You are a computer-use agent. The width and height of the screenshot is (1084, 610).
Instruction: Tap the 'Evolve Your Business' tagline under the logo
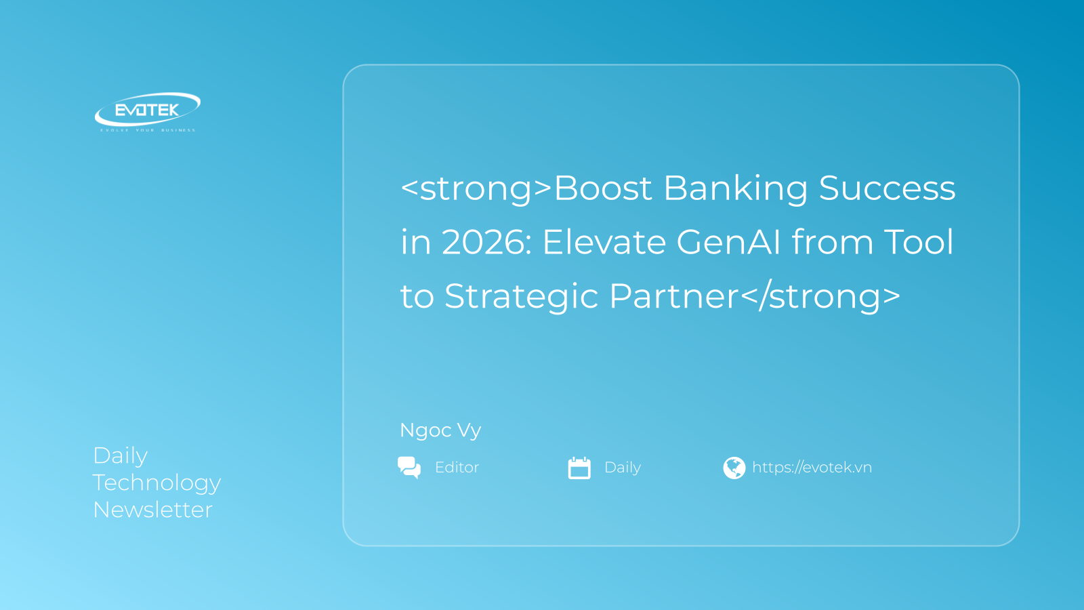(148, 130)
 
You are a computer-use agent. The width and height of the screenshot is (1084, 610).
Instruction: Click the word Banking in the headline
(736, 189)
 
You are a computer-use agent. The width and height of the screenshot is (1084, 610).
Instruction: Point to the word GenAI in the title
(728, 242)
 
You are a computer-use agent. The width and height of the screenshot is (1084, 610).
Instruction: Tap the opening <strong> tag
(477, 189)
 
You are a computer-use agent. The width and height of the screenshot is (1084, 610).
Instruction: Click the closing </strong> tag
(820, 296)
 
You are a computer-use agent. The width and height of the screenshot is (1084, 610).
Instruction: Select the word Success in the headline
(887, 188)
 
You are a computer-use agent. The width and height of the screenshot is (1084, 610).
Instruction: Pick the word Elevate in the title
(604, 242)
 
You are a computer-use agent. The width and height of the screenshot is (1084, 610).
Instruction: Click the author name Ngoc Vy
(440, 430)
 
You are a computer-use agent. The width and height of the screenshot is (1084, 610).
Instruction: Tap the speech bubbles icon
(409, 468)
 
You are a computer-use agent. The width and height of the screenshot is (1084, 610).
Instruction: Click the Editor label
(457, 467)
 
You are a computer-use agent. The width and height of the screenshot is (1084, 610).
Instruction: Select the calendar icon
(579, 468)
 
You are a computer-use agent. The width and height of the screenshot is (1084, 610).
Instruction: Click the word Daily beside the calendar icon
(623, 468)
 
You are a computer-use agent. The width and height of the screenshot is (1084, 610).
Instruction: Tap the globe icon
(734, 468)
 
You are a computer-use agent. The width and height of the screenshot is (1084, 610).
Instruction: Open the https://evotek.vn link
(812, 468)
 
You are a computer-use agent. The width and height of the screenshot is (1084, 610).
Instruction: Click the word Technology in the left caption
(157, 483)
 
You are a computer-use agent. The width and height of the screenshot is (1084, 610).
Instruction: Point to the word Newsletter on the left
(152, 510)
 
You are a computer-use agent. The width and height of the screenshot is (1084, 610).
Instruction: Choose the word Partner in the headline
(674, 296)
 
